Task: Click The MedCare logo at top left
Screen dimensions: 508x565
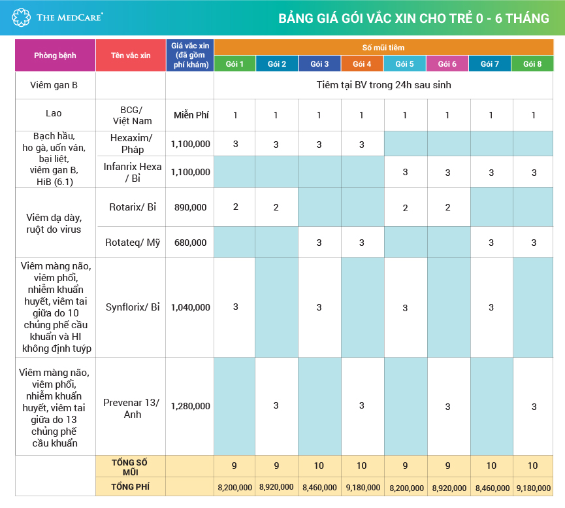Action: point(57,17)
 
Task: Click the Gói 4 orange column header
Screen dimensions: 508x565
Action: point(361,64)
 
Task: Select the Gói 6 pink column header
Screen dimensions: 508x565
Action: point(447,64)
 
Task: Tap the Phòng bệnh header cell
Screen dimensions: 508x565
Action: point(55,56)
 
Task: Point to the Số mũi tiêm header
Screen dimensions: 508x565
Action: point(383,48)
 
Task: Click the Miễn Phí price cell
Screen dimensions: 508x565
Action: point(191,115)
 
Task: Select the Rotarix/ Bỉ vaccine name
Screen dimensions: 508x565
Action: point(133,207)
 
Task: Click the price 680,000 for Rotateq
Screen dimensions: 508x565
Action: point(191,243)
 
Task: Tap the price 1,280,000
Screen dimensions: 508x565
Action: point(191,406)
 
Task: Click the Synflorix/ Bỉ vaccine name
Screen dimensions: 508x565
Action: point(133,307)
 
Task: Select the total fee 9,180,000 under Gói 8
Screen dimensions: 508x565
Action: point(533,488)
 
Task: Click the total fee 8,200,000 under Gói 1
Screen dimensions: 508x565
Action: point(235,488)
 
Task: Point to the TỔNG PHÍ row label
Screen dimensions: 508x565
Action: point(131,486)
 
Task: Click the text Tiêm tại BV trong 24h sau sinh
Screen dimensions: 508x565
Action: point(383,85)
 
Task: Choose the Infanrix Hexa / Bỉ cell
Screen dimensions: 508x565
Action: point(133,172)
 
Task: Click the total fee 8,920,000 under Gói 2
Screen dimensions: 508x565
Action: point(276,488)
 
